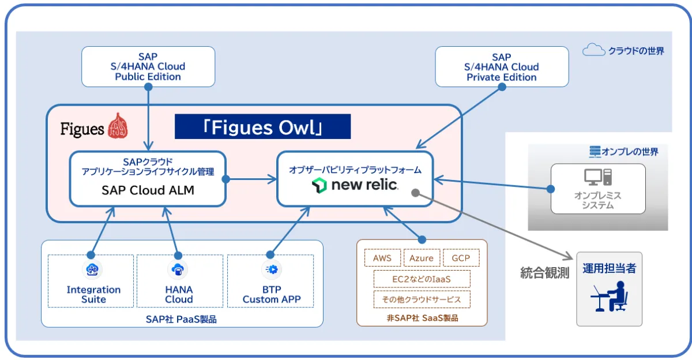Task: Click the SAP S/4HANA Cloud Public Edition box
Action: coord(148,67)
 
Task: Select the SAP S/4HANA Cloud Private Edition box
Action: coord(502,67)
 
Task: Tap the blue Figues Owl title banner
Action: coord(262,127)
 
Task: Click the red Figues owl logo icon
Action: coord(118,126)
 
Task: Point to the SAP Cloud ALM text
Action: coord(148,190)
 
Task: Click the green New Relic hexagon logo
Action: coord(319,185)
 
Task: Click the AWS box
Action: coord(382,258)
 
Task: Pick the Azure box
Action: coord(422,258)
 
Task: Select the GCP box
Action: coord(461,258)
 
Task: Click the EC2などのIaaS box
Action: coord(422,279)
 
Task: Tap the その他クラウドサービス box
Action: coord(422,299)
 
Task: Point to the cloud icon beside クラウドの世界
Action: coord(593,50)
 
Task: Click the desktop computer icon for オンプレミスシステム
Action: coord(598,177)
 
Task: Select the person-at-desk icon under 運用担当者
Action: coord(610,296)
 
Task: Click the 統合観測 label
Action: coord(544,272)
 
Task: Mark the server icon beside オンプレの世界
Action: coord(595,152)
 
